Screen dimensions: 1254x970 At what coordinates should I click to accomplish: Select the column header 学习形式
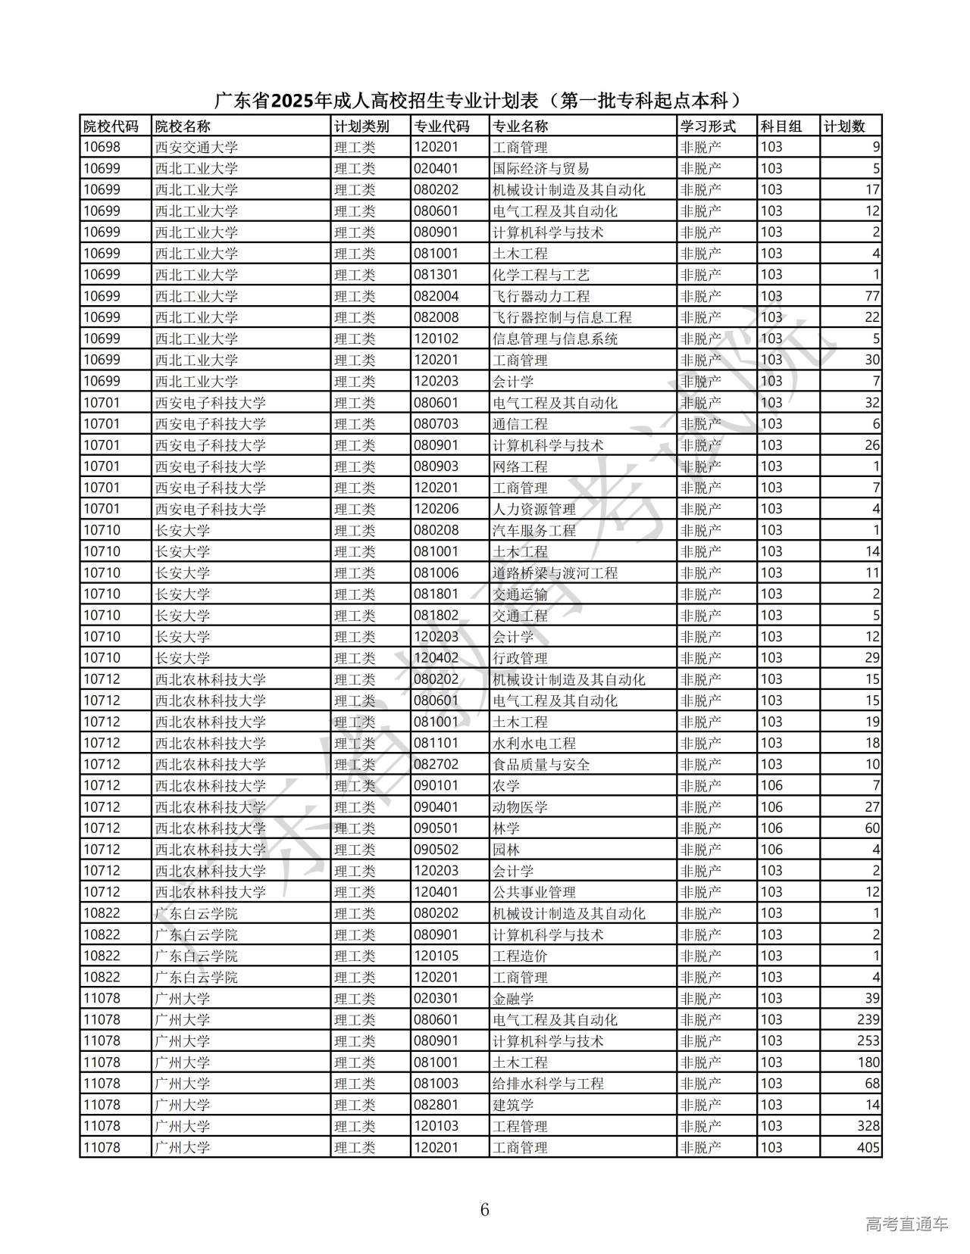tap(708, 126)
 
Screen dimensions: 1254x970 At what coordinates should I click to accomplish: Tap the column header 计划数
tap(844, 126)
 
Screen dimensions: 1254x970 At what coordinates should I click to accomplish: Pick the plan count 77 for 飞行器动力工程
tap(871, 296)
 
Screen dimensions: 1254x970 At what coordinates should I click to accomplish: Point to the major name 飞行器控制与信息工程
tap(562, 317)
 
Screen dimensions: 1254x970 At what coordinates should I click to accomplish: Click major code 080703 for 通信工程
tap(436, 424)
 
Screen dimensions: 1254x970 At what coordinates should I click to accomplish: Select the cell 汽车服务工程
tap(533, 530)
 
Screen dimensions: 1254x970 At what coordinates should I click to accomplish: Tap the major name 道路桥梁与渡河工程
tap(555, 572)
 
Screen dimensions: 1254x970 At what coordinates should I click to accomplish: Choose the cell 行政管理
tap(520, 658)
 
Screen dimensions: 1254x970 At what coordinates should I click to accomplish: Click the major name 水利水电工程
tap(533, 743)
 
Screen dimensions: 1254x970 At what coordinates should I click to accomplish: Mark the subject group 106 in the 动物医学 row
tap(771, 806)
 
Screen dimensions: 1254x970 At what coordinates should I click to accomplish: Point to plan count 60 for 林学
tap(871, 828)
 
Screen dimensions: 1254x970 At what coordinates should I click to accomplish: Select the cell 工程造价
tap(520, 956)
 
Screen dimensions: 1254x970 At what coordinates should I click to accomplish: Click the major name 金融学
tap(513, 998)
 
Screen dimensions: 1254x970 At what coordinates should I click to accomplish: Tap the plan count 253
tap(868, 1040)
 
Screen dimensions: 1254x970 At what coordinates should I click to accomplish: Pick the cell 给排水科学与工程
tap(548, 1083)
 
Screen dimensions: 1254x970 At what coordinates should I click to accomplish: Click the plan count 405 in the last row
tap(868, 1147)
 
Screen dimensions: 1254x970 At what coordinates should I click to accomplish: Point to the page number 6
tap(485, 1209)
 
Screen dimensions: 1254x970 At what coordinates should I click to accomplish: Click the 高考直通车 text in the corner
tap(906, 1224)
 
